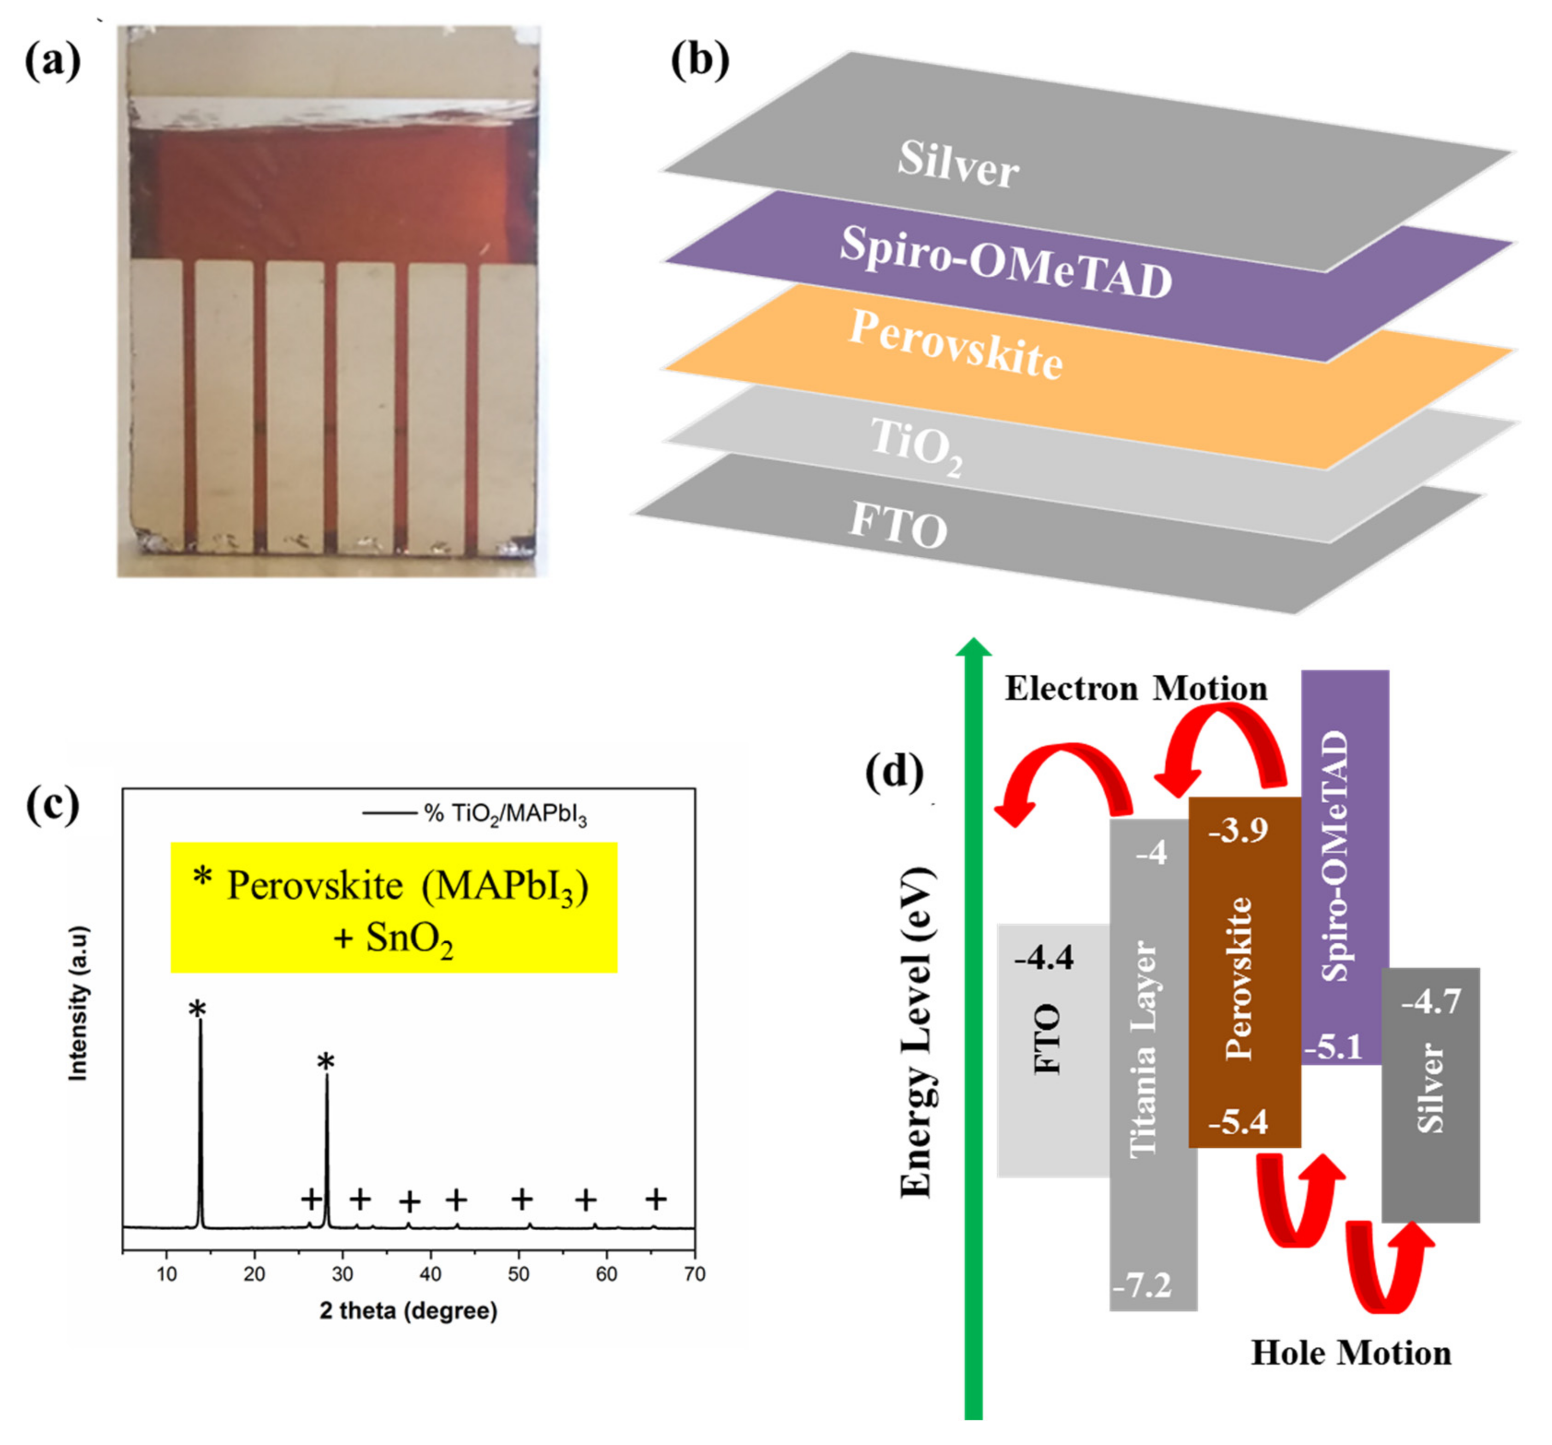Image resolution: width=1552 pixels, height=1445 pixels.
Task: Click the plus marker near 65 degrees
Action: (656, 1199)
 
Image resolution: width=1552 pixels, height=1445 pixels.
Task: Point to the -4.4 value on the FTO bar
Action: (1044, 957)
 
